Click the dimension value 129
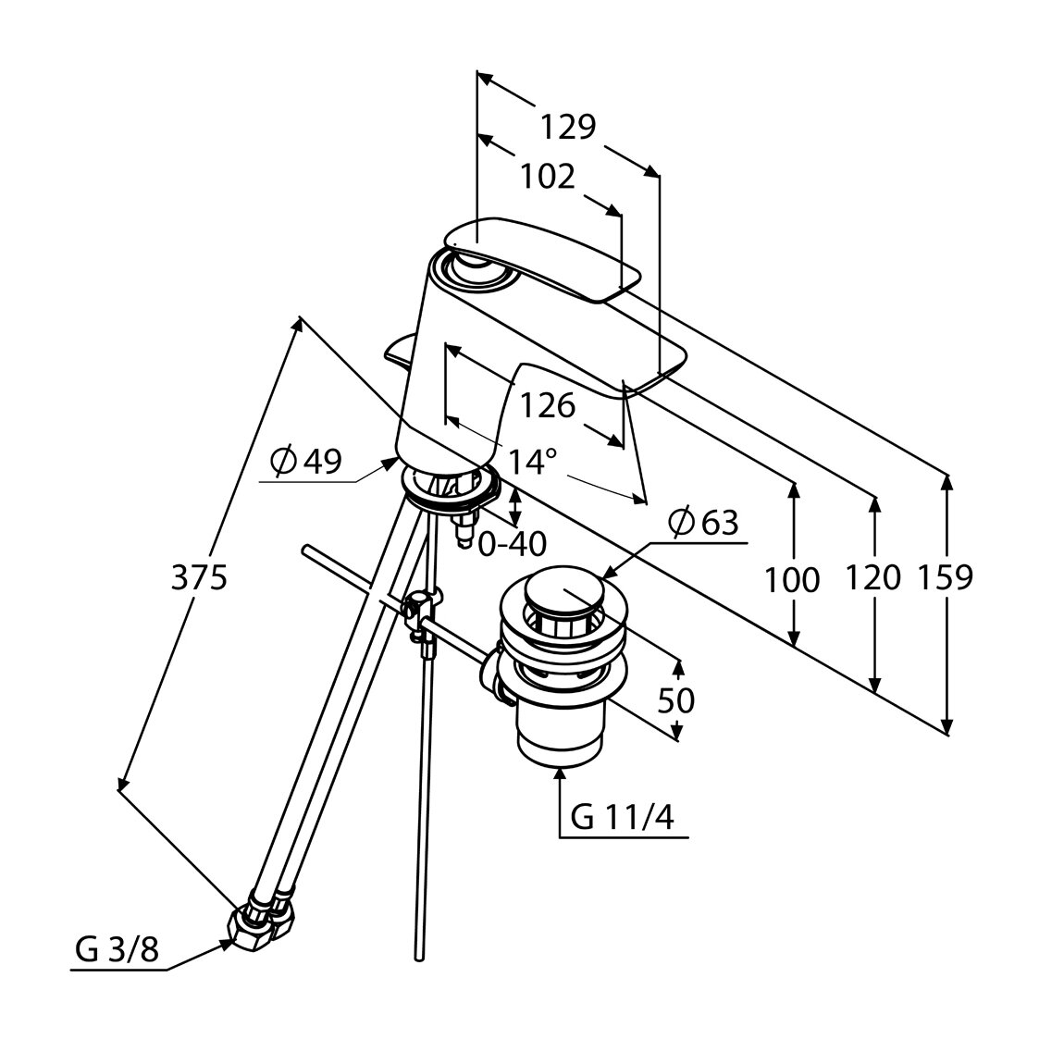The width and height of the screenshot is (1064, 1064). pyautogui.click(x=568, y=127)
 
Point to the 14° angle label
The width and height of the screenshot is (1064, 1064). pyautogui.click(x=531, y=460)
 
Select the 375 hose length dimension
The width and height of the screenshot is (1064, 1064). pyautogui.click(x=199, y=578)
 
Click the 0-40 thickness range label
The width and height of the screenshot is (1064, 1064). pyautogui.click(x=512, y=544)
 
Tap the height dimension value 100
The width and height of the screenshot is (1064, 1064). pyautogui.click(x=792, y=580)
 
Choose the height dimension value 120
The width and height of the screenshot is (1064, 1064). pyautogui.click(x=872, y=578)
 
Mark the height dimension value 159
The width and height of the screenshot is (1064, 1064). pyautogui.click(x=946, y=578)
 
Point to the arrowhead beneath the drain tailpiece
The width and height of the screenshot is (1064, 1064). pyautogui.click(x=559, y=773)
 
